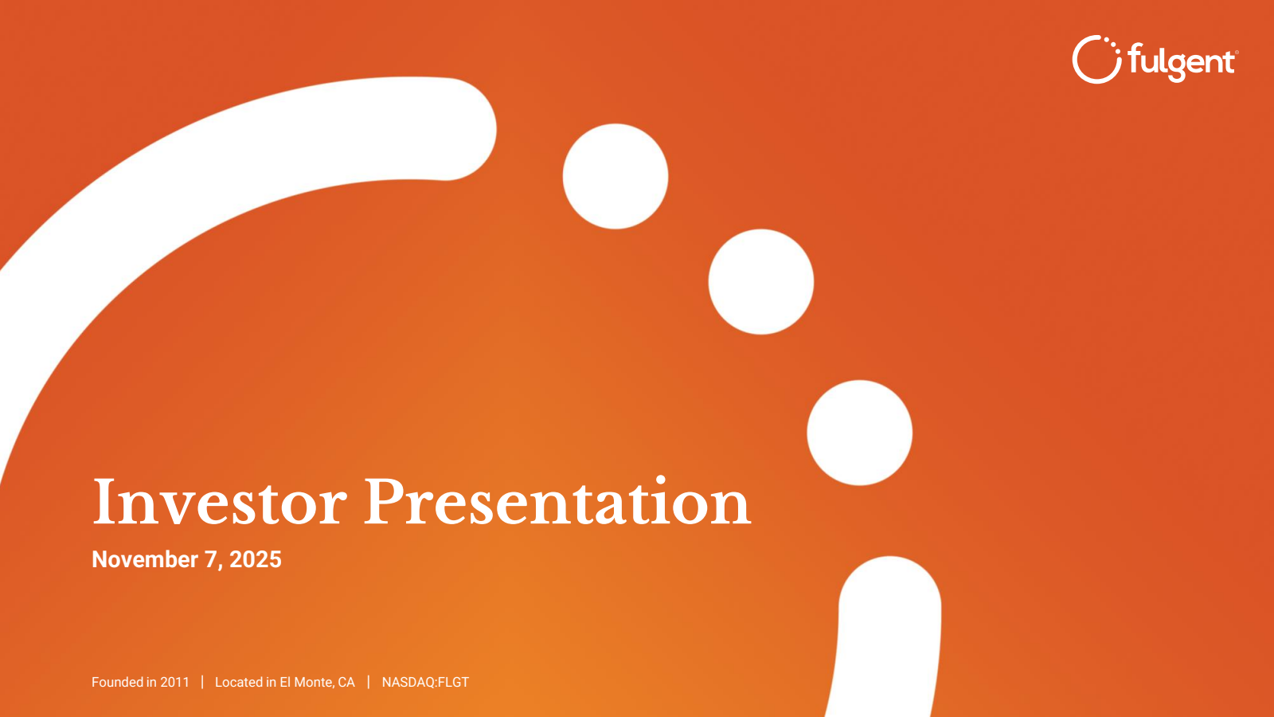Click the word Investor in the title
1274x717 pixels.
[x=220, y=502]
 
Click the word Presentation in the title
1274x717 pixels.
[x=557, y=502]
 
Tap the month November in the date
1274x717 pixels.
[x=145, y=559]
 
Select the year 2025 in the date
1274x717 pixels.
[x=256, y=559]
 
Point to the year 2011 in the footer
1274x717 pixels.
[x=174, y=682]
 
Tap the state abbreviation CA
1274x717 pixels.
[x=346, y=682]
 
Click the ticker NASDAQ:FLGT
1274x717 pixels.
[x=425, y=682]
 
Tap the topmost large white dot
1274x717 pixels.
[x=616, y=176]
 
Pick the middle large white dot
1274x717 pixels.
[x=761, y=282]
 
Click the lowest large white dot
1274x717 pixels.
[x=859, y=433]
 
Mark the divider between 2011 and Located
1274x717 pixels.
[x=202, y=682]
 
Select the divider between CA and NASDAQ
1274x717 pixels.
[x=369, y=682]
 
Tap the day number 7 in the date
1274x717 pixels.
[x=210, y=559]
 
